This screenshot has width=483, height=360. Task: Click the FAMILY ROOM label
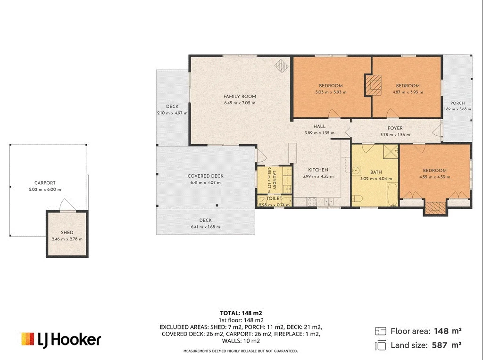point(240,96)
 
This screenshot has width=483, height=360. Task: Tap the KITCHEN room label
point(318,170)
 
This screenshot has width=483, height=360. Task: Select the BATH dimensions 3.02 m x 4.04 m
point(376,179)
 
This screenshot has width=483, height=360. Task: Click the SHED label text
point(67,233)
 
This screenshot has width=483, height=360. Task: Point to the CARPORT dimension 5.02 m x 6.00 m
point(45,189)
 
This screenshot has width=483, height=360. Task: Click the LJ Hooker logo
point(61,340)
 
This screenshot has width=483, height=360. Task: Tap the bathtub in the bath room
point(392,195)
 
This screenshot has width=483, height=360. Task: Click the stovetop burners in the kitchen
point(312,202)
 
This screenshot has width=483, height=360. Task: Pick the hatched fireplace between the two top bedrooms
point(374,85)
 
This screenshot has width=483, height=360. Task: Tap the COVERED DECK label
point(206,176)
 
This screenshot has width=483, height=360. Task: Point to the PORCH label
point(458,103)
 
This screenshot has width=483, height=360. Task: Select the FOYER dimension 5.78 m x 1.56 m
point(395,135)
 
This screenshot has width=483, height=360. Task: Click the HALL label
point(319,126)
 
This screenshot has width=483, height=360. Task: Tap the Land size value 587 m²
point(447,345)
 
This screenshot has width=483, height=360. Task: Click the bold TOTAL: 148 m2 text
point(241,313)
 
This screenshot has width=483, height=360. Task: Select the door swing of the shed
point(67,205)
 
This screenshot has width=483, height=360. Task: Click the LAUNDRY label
point(275,180)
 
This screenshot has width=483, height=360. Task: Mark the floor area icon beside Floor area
point(381,331)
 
